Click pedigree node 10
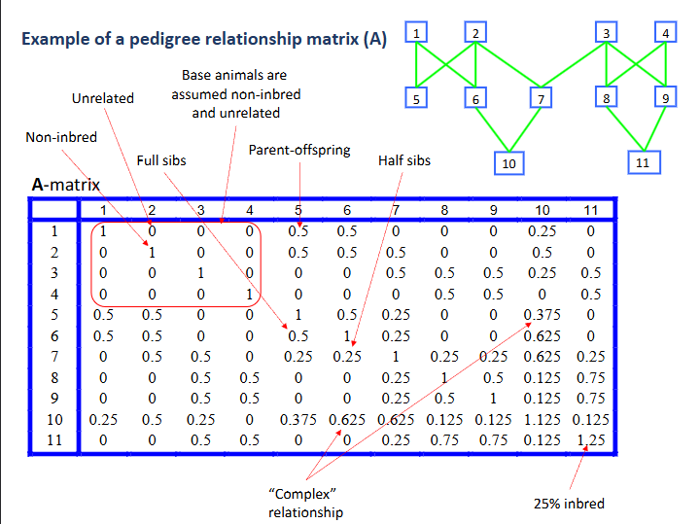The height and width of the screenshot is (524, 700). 507,163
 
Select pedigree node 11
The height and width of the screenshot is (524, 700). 642,162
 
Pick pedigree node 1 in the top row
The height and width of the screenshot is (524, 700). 416,33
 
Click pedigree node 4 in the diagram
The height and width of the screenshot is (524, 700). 665,33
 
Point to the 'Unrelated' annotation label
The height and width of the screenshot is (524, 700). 103,98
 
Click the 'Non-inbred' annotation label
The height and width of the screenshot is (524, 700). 61,137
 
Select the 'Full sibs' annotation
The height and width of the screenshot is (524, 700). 161,160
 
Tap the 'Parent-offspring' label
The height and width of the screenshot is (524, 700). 299,151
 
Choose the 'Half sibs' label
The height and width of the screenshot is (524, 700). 403,160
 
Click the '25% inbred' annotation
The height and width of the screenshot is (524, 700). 568,504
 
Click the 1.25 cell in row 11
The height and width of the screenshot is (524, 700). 588,440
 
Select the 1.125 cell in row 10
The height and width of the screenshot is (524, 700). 542,420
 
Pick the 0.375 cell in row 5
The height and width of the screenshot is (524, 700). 542,315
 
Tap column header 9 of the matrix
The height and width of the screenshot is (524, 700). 494,210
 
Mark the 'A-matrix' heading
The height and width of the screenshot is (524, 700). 65,184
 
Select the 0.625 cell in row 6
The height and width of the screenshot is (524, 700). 542,336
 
